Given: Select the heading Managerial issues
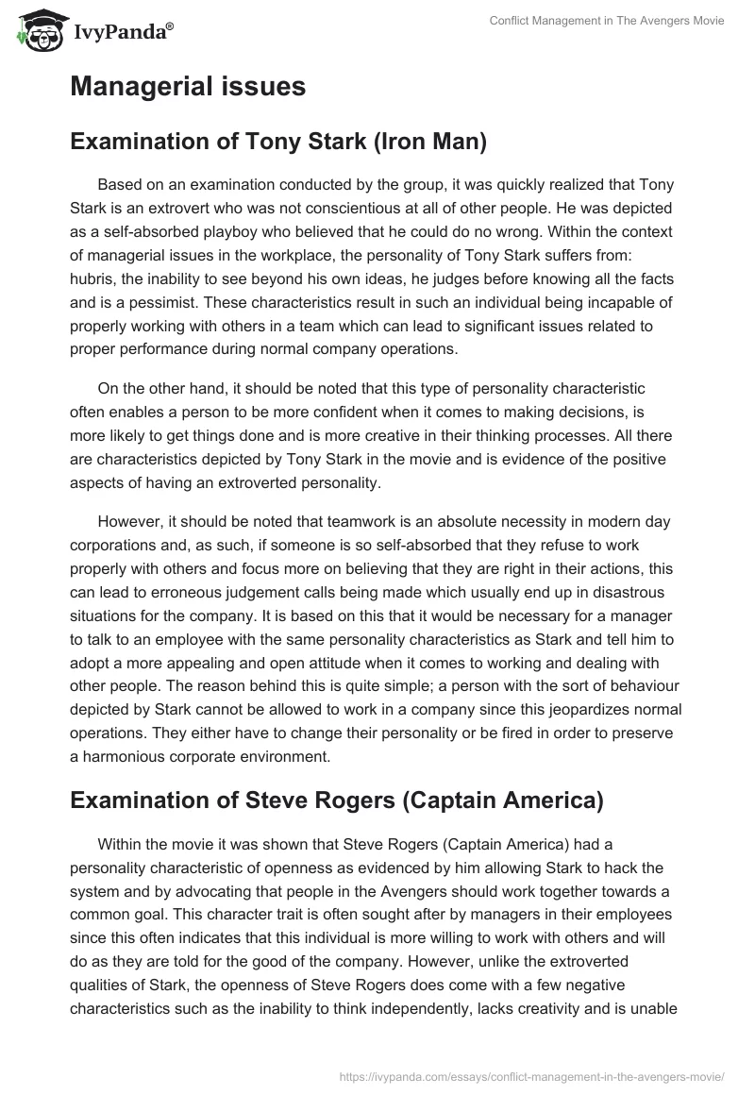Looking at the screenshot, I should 188,87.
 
